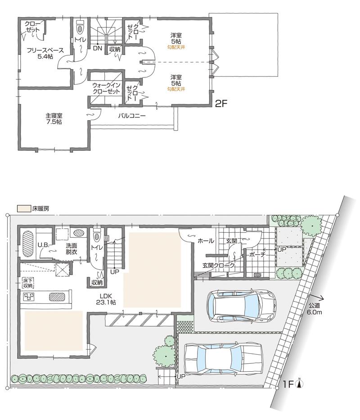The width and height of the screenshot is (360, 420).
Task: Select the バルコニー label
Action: [x=132, y=115]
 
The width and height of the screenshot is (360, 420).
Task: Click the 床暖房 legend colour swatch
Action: [x=23, y=209]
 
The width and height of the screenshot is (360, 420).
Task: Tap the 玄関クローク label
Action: [x=219, y=266]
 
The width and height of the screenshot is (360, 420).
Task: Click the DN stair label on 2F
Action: [x=97, y=48]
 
